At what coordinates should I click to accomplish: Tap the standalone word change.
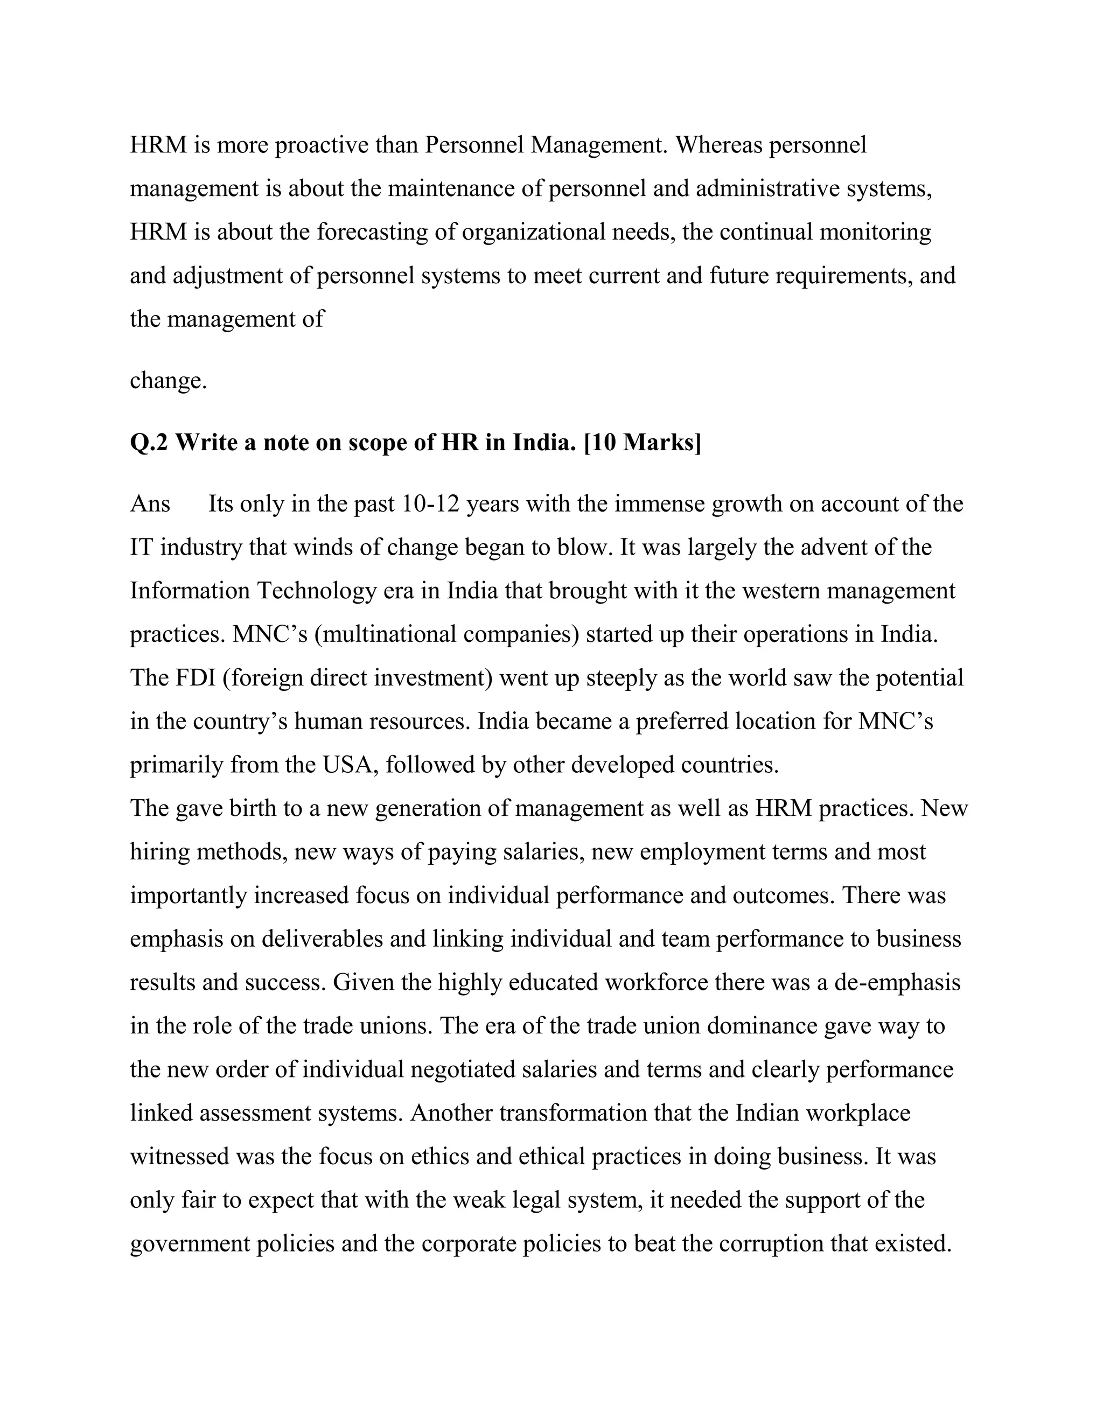(x=168, y=380)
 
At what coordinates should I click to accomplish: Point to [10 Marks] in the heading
(x=641, y=443)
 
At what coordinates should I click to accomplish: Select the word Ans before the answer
(x=150, y=504)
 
